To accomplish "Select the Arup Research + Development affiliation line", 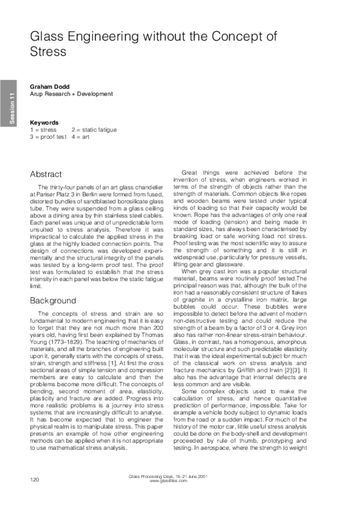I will pos(71,94).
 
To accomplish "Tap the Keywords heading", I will pos(44,122).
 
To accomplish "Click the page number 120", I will pos(35,480).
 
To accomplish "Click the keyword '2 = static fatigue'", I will pos(94,130).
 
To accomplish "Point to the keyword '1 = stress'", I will pos(44,130).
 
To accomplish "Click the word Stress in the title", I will pos(48,52).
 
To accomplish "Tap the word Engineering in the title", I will pos(104,37).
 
